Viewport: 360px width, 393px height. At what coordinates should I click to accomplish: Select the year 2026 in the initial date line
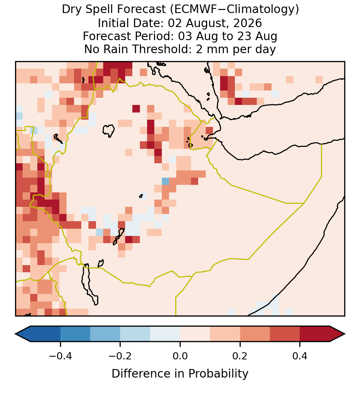tap(248, 23)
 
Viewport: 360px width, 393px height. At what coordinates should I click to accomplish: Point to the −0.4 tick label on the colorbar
tap(60, 356)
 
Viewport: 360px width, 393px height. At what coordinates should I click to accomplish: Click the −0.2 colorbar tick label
tap(120, 356)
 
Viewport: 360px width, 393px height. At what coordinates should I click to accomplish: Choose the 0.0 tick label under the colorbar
tap(180, 356)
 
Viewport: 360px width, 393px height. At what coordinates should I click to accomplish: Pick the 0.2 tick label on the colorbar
tap(240, 356)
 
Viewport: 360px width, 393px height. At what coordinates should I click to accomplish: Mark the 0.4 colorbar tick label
tap(300, 356)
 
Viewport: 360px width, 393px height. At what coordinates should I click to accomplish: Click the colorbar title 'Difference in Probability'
tap(180, 373)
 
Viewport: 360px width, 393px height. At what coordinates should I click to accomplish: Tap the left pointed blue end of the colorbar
tap(23, 334)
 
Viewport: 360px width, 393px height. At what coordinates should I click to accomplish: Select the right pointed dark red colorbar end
tap(337, 334)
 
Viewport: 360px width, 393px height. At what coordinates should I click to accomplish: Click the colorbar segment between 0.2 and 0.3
tap(255, 334)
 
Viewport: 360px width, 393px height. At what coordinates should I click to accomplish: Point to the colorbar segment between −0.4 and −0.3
tap(75, 334)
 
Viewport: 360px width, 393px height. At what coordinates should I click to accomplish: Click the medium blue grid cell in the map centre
tap(165, 181)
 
